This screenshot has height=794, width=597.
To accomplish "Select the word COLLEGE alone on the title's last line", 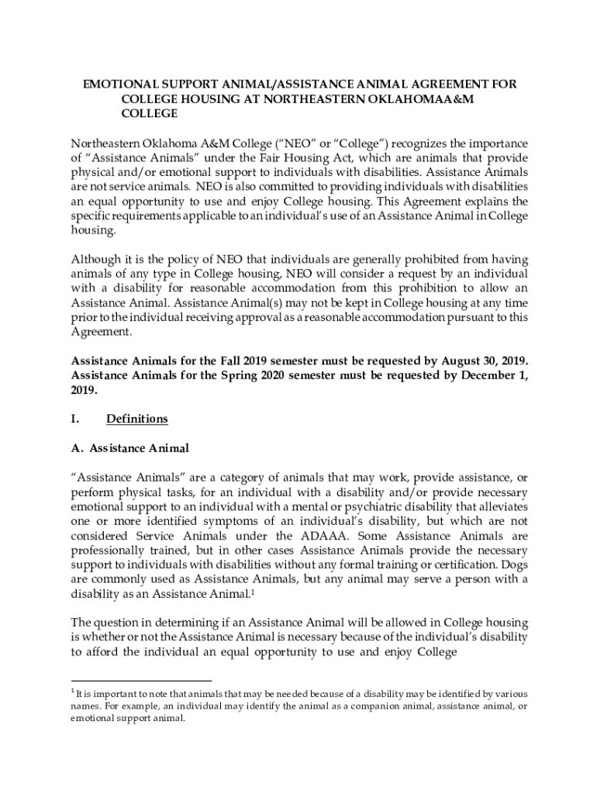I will coord(150,113).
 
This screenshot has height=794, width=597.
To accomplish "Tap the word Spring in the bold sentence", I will coord(231,376).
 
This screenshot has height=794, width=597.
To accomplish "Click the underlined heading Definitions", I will coord(137,419).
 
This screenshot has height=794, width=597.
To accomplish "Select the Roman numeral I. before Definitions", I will coord(75,419).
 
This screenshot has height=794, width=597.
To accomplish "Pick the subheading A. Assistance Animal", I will coord(129,448).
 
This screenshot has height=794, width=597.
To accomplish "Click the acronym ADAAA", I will coord(291,537).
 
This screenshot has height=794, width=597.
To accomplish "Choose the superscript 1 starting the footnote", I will coord(73,690).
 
